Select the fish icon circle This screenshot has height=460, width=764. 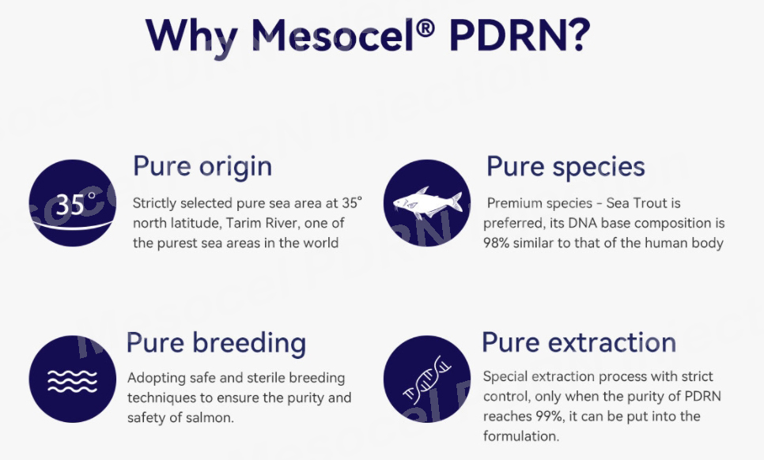pos(427,203)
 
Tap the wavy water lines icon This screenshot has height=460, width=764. pos(72,379)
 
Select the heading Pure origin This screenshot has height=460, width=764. pos(202,167)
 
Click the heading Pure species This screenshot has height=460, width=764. pos(565,167)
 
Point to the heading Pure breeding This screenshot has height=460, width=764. pos(216,343)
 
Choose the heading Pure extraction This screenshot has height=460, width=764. pos(579,342)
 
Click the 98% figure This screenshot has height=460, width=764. pos(496,243)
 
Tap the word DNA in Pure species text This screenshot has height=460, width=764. pos(583,224)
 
